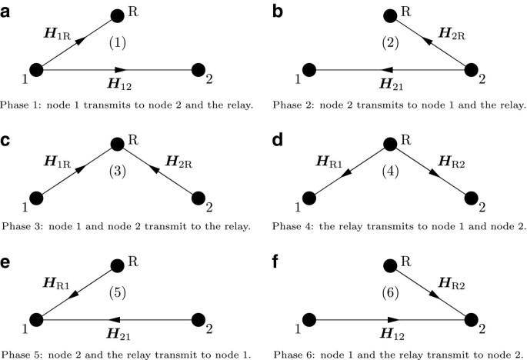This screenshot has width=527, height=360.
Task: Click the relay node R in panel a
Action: pyautogui.click(x=118, y=15)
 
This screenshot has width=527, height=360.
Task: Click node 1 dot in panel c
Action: pyautogui.click(x=36, y=198)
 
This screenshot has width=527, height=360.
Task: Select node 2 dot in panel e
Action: pyautogui.click(x=198, y=318)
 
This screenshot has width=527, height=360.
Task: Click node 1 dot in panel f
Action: pyautogui.click(x=309, y=318)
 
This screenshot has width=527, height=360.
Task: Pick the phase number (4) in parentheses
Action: pyautogui.click(x=390, y=172)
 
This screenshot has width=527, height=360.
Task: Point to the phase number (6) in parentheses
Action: pyautogui.click(x=390, y=295)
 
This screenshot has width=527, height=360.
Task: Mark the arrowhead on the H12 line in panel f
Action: pyautogui.click(x=395, y=318)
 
